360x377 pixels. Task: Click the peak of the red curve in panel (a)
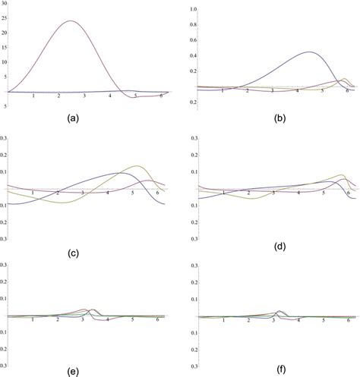pos(71,21)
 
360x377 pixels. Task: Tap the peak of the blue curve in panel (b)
pos(311,52)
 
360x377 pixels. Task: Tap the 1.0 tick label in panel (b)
pos(194,9)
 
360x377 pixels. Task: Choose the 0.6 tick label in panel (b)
pos(194,40)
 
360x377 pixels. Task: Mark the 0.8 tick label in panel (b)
pos(194,24)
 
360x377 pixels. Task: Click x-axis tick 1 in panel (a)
pos(33,96)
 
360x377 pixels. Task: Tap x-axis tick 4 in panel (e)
pos(107,321)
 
